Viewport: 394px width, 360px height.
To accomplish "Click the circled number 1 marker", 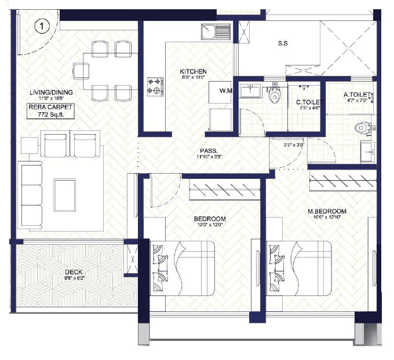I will tap(41, 26).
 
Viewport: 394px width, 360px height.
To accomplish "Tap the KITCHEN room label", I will tap(193, 72).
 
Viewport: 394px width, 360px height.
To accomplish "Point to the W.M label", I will tap(226, 91).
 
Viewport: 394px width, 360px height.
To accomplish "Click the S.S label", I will tap(283, 43).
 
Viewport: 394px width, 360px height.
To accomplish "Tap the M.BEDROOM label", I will tap(327, 212).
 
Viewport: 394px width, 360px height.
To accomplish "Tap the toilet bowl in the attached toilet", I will tap(363, 127).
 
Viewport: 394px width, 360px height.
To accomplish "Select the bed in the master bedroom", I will tap(299, 268).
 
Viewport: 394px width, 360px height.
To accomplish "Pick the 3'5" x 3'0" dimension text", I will tap(289, 145).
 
